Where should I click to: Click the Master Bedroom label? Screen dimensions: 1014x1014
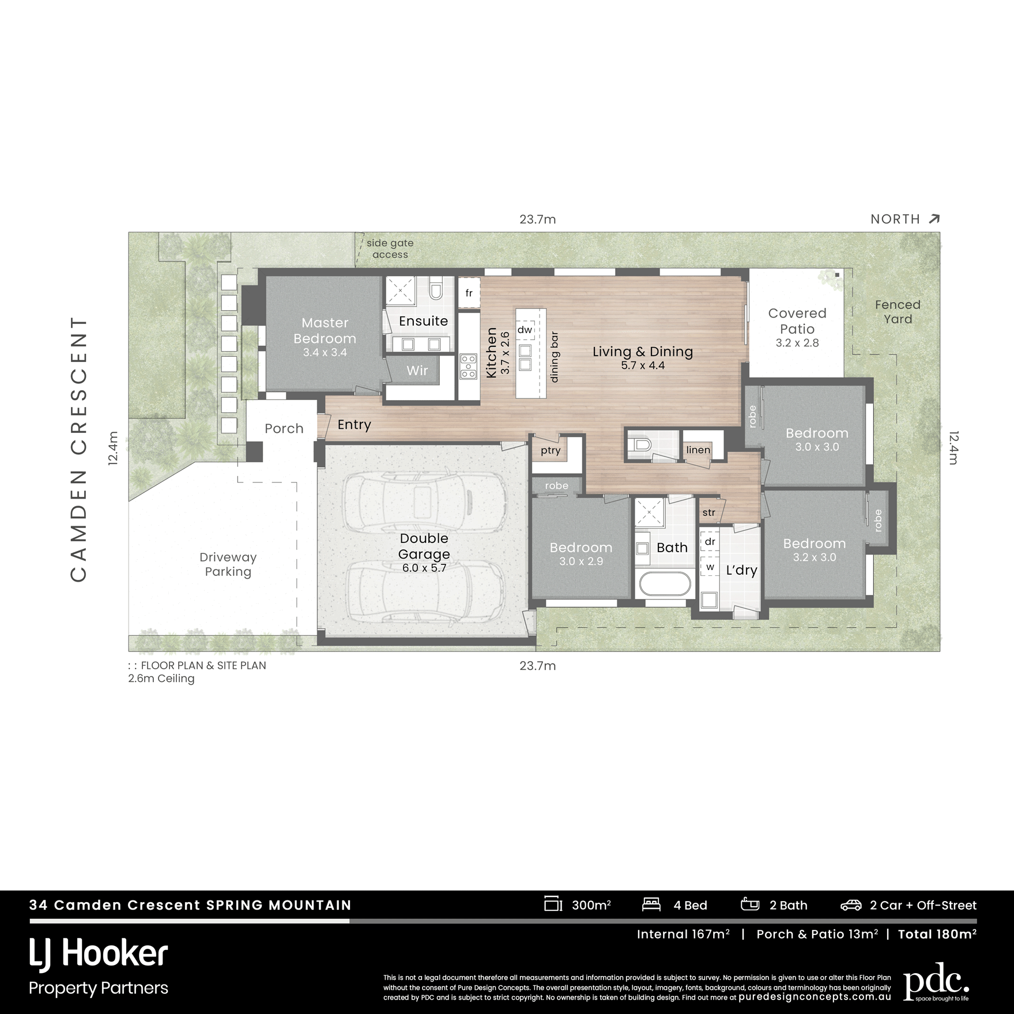325,330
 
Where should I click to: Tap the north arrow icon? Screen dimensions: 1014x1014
934,219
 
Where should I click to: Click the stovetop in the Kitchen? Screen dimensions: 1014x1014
468,367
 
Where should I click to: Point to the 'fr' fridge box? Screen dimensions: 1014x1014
469,293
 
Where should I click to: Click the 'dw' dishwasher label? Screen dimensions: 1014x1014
525,330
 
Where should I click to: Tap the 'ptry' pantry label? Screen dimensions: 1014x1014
551,450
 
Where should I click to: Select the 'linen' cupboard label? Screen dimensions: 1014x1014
698,450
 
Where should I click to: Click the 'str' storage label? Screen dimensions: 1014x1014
708,512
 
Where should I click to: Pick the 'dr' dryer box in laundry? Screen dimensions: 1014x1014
710,542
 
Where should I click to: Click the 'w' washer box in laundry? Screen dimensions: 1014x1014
710,567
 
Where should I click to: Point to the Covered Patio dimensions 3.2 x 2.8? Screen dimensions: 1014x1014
797,343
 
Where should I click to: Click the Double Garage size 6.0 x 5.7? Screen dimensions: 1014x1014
424,568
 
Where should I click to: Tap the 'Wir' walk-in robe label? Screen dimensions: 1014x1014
417,370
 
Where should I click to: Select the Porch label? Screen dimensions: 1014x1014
284,428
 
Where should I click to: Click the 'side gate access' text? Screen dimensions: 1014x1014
390,249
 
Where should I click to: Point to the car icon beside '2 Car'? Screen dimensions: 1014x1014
851,905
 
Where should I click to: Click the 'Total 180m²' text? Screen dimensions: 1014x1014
937,934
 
